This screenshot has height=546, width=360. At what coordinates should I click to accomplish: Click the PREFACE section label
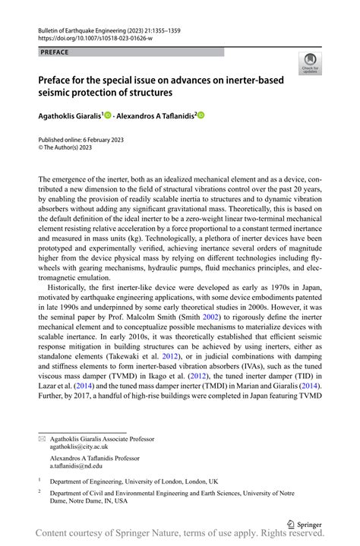(52, 52)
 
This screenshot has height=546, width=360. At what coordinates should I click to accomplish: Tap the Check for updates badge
(309, 64)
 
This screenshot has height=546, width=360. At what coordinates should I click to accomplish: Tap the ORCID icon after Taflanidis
(201, 115)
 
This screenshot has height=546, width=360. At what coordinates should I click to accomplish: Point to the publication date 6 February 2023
(101, 140)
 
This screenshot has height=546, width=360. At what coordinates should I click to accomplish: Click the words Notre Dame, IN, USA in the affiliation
(88, 501)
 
